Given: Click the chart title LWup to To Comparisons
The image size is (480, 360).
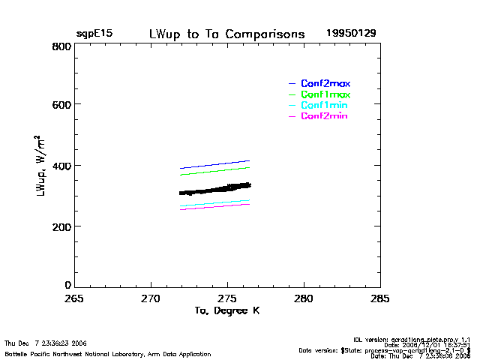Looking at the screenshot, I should click(x=226, y=34).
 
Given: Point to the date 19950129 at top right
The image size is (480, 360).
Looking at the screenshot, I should click(x=351, y=34).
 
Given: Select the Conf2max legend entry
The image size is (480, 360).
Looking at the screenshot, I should click(x=325, y=83).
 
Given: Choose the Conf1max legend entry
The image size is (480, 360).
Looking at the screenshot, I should click(x=325, y=94).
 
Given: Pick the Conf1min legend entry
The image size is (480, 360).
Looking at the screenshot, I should click(x=325, y=106).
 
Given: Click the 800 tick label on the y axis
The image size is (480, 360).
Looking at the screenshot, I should click(x=62, y=46).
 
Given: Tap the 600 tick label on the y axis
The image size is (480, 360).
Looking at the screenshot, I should click(x=62, y=105).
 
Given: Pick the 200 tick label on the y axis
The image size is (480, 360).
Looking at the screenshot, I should click(x=62, y=226).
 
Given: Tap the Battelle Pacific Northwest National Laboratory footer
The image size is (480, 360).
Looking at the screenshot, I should click(x=108, y=354).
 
